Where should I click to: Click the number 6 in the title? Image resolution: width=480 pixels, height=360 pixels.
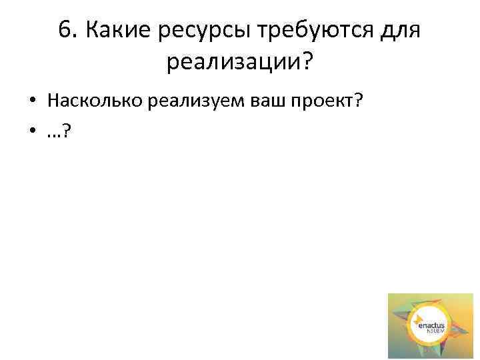tap(65, 31)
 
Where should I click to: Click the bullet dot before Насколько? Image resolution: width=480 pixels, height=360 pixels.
tap(32, 101)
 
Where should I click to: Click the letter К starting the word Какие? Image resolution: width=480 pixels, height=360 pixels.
tap(95, 31)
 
